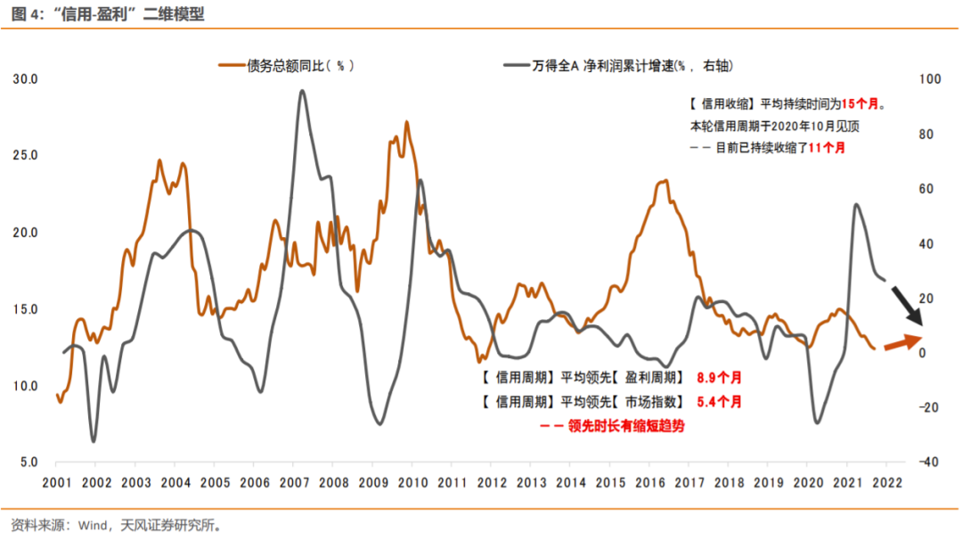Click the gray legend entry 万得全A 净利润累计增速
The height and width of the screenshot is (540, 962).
tap(624, 65)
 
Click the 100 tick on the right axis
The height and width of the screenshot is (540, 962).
tap(929, 79)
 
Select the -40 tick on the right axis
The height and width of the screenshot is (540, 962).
tap(927, 462)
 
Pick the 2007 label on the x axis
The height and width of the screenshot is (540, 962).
tap(294, 483)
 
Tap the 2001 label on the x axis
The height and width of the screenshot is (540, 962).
tap(56, 483)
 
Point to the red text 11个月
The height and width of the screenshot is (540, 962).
tap(827, 148)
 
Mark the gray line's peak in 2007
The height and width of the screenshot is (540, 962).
tap(302, 90)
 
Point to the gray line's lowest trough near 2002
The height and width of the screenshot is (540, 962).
tap(94, 441)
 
